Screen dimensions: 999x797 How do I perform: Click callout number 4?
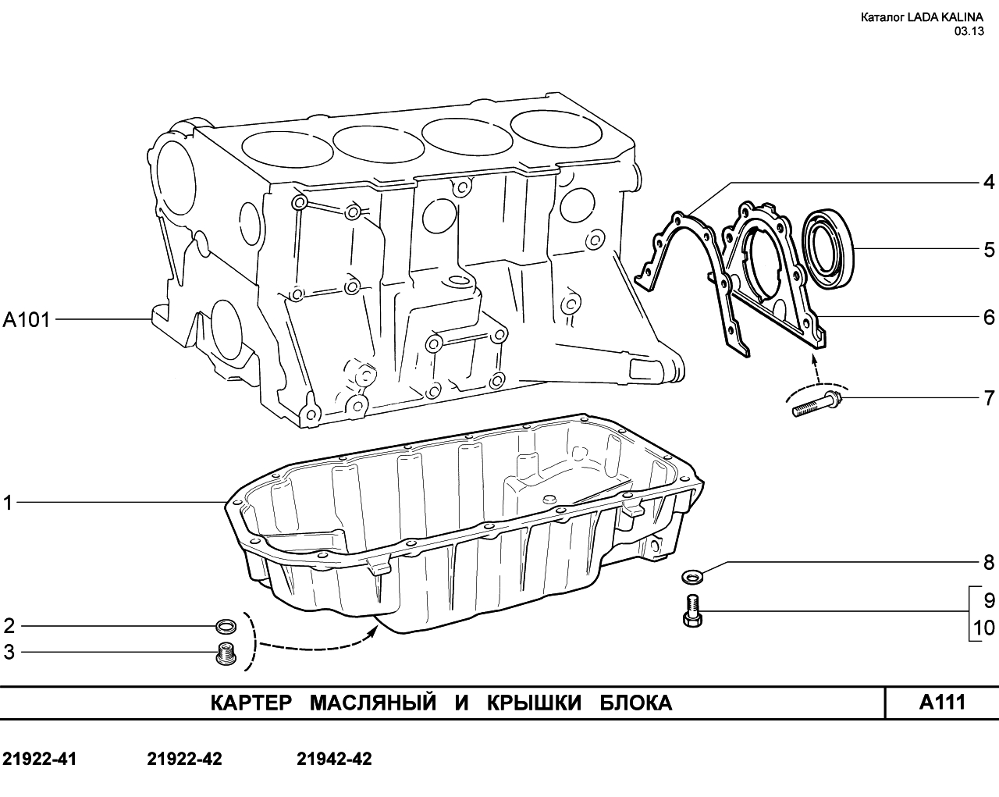(989, 183)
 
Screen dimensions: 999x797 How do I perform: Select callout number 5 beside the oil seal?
(989, 250)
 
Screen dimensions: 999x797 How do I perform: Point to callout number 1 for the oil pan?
(8, 503)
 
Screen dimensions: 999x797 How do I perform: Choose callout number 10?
(983, 628)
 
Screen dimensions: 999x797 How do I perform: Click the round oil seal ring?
(828, 250)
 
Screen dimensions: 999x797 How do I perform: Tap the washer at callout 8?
(692, 578)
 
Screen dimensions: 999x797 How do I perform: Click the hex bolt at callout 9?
(692, 612)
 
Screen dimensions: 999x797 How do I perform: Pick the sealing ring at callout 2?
(226, 626)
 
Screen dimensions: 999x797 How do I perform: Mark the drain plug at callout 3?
(226, 653)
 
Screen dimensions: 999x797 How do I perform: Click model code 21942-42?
(334, 760)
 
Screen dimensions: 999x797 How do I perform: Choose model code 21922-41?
(40, 760)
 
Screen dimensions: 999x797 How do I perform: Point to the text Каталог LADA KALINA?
(922, 17)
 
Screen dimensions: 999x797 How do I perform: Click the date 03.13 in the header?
(969, 31)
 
